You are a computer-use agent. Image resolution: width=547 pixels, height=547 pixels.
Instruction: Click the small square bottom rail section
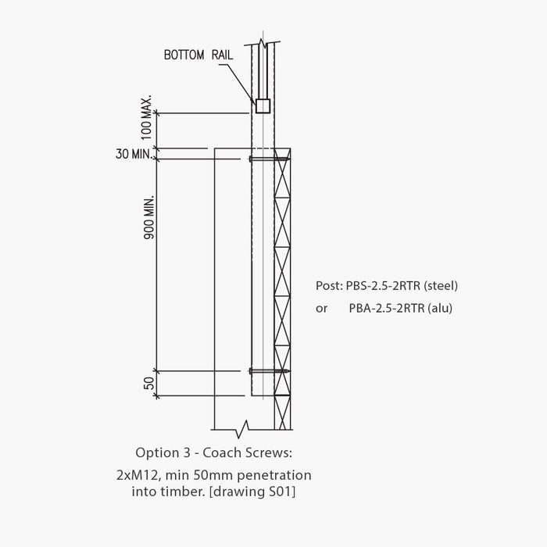point(263,105)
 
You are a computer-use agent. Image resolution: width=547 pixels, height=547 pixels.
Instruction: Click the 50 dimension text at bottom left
point(147,384)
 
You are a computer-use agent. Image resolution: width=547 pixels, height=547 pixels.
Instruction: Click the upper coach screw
point(269,159)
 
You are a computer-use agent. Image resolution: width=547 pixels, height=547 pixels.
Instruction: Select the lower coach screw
point(269,371)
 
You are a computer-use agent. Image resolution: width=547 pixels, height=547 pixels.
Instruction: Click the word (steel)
point(440,285)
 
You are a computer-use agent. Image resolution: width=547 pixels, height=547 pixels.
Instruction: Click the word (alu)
point(438,308)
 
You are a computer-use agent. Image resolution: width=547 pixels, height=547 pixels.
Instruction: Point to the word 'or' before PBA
point(322,308)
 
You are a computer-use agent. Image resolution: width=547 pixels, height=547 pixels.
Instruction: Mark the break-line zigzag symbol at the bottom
point(245,428)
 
